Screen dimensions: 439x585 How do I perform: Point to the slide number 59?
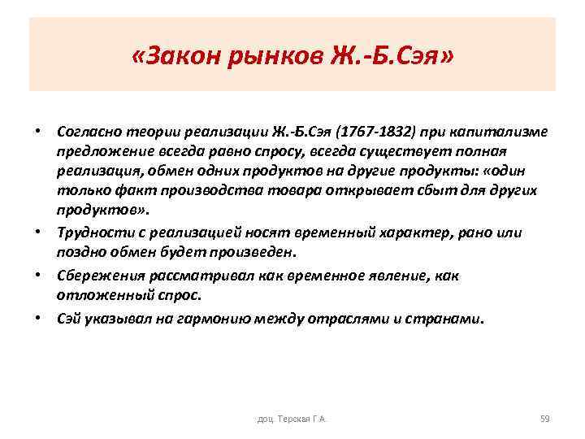pyautogui.click(x=544, y=419)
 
